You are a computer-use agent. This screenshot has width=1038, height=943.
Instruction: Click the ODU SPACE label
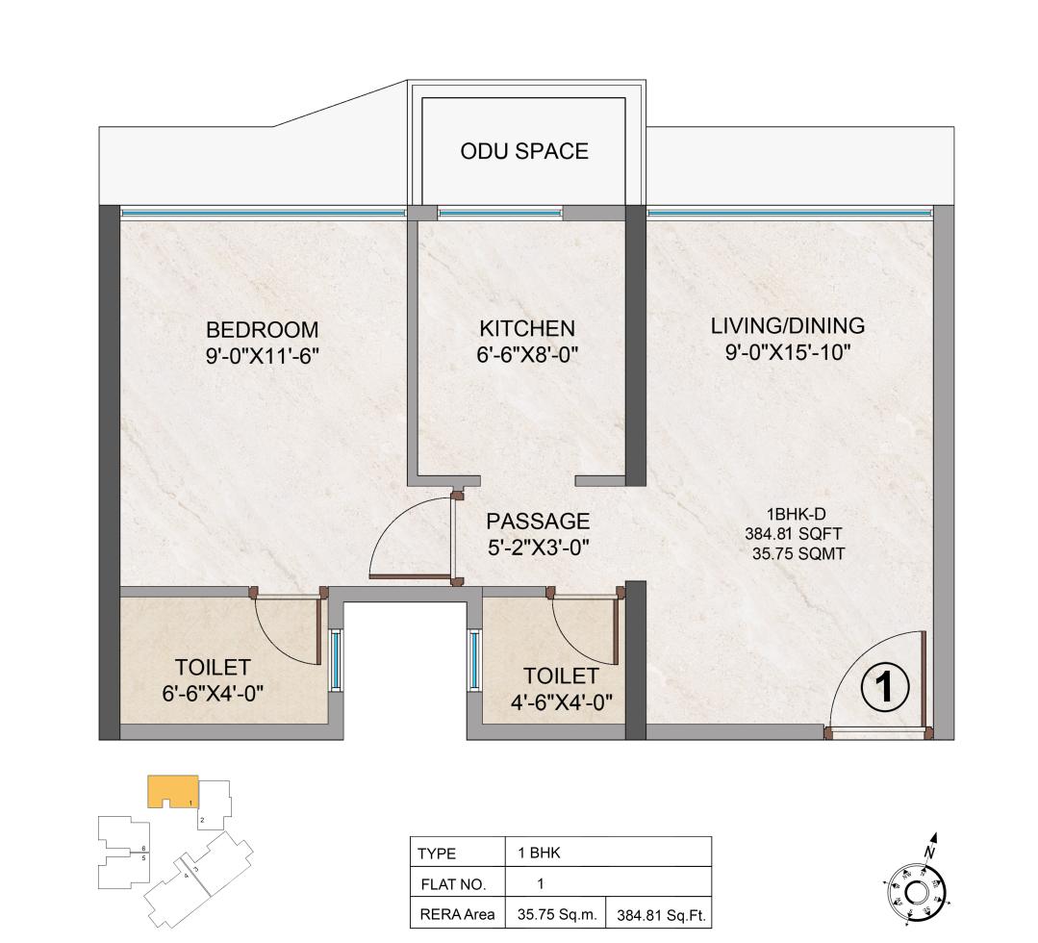[524, 151]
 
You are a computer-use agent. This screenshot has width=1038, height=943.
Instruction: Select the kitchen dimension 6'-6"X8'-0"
[526, 355]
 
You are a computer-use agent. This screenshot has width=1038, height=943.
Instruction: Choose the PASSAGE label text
[537, 522]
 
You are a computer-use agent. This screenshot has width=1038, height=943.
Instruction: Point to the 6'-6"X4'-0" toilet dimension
[213, 692]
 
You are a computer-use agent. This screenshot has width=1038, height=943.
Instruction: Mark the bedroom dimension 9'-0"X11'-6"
[262, 355]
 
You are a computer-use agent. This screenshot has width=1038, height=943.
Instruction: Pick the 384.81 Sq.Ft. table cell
[660, 915]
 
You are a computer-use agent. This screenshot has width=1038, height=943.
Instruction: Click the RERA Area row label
[457, 915]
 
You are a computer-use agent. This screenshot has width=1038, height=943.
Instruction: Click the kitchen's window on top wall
[499, 214]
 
